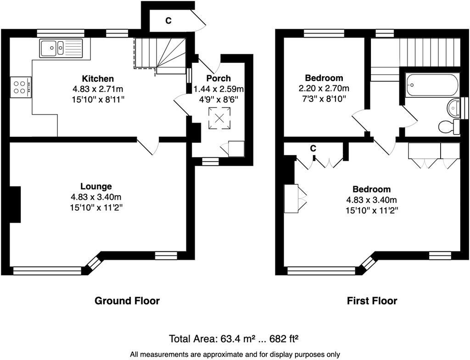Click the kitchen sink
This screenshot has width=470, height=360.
61,48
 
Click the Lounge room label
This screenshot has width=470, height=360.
96,186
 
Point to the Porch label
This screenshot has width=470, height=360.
218,79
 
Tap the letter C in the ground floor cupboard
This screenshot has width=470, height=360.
168,21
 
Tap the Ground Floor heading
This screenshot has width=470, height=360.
127,301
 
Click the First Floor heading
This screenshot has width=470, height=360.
372,301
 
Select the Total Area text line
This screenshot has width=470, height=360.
234,339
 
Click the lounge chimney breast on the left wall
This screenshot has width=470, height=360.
15,204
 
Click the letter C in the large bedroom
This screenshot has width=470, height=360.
313,149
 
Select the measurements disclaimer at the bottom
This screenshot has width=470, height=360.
235,354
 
